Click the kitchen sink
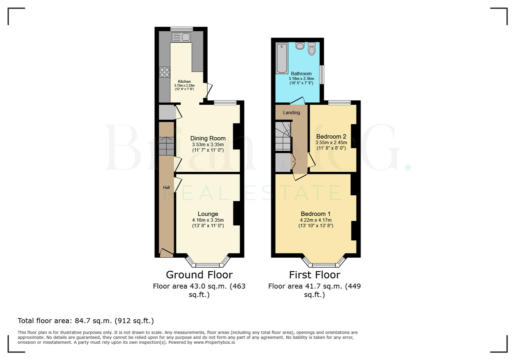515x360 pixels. point(181,37)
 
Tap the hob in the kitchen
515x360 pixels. point(164,72)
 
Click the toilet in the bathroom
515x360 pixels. point(312,49)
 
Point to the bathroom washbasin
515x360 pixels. point(300,46)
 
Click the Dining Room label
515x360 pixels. point(208,138)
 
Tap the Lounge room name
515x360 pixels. point(208,214)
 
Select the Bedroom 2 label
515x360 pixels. point(331,137)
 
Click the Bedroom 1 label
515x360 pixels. point(316,214)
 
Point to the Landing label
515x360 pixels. point(292,113)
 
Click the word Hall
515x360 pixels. point(166,188)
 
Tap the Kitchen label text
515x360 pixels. point(184,82)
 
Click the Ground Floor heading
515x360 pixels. point(199,275)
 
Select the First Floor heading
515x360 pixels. point(315,275)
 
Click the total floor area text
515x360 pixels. point(86,321)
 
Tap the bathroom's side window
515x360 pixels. point(322,75)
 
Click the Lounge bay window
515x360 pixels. point(207,265)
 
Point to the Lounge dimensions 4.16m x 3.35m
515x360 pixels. point(208,220)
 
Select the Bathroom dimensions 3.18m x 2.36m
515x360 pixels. point(301,79)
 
